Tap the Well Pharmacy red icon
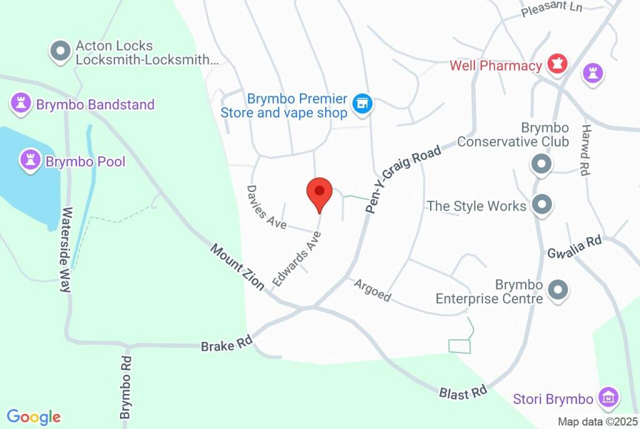point(557,64)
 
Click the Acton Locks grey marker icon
point(61,53)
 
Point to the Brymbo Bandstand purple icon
point(21,104)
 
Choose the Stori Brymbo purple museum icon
point(607,397)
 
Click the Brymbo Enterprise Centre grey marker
point(556,290)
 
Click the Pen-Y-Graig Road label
point(404,179)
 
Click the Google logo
point(34,417)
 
